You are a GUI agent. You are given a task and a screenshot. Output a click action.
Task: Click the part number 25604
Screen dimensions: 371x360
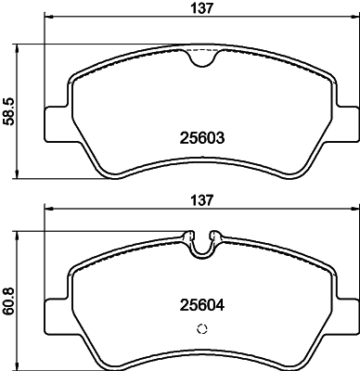pyautogui.click(x=202, y=302)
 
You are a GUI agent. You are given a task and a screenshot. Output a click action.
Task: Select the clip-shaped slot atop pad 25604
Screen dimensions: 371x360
pyautogui.click(x=202, y=243)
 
